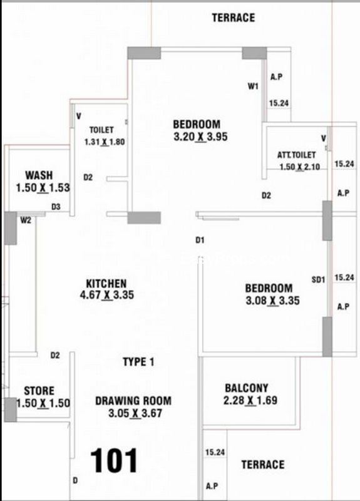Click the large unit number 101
click(x=114, y=460)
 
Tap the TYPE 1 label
click(x=138, y=362)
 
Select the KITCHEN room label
click(x=106, y=284)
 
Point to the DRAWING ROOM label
click(x=133, y=401)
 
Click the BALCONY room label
click(x=247, y=388)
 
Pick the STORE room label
click(x=39, y=391)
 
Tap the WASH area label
click(x=39, y=175)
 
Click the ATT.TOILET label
click(x=296, y=155)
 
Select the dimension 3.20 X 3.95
click(x=200, y=137)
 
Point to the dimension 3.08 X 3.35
click(x=273, y=301)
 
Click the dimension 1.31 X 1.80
click(x=105, y=142)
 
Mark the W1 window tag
click(x=253, y=86)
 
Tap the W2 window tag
click(x=26, y=220)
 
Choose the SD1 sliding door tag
click(x=318, y=280)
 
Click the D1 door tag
click(x=200, y=240)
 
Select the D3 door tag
click(x=56, y=207)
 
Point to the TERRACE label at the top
click(x=234, y=18)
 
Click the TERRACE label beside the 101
click(x=263, y=464)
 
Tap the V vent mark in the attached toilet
click(x=324, y=138)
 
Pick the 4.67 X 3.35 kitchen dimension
click(x=106, y=294)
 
